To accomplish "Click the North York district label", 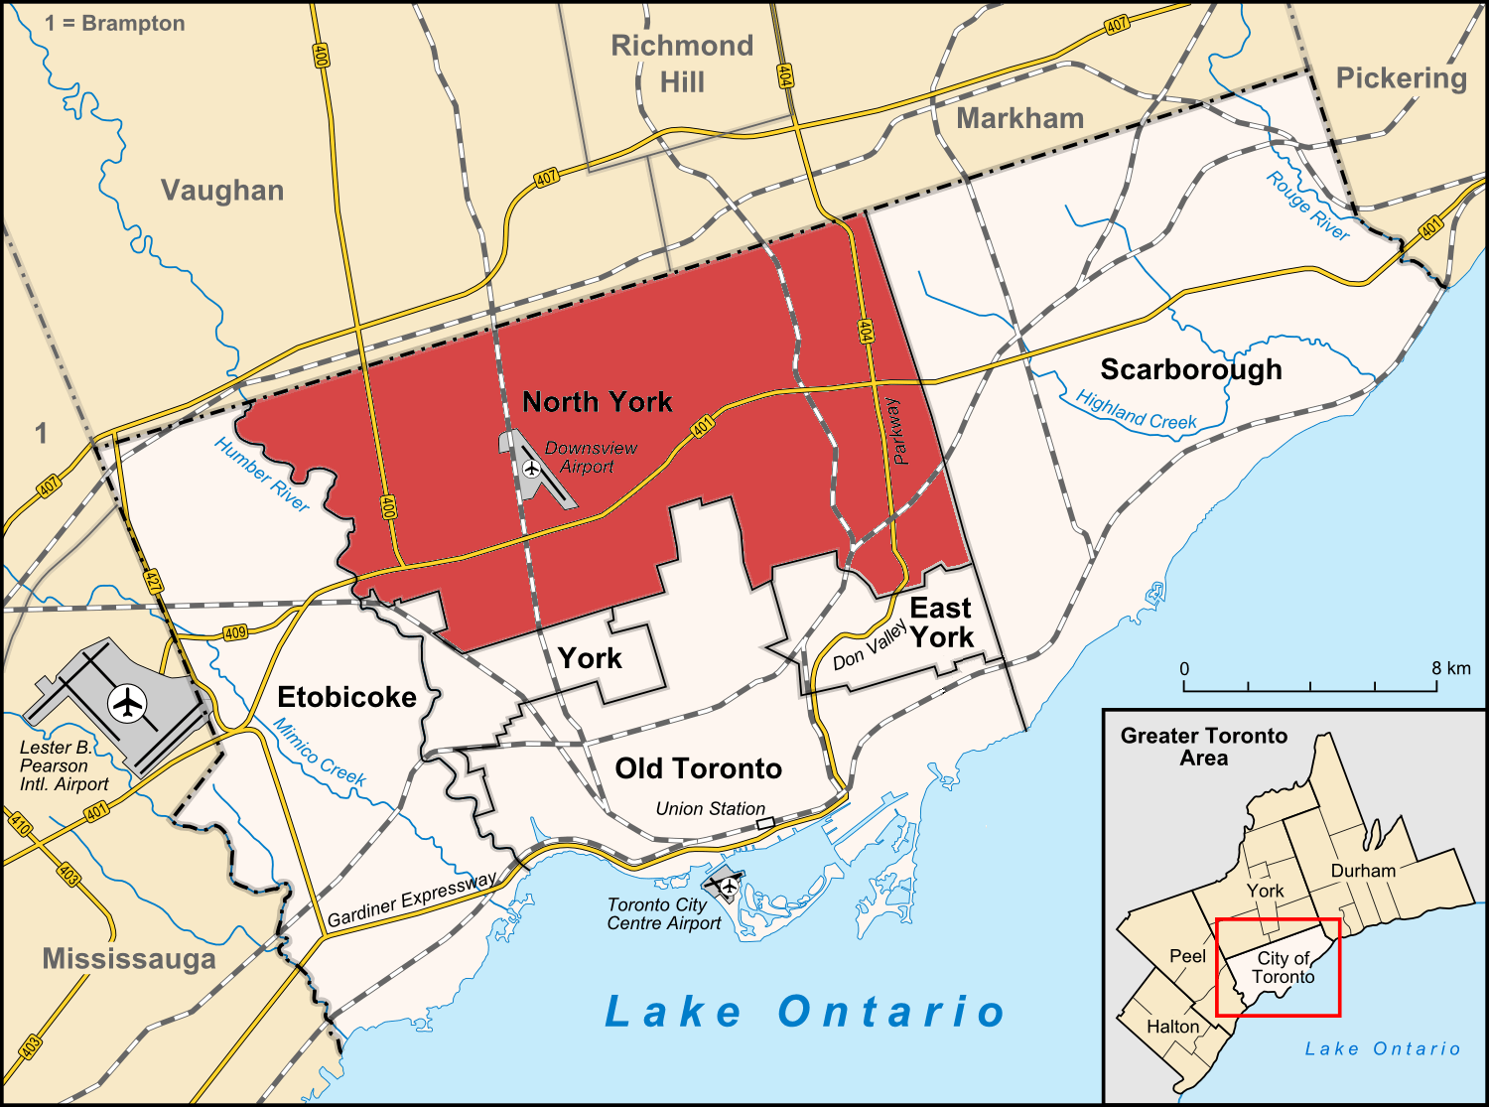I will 597,402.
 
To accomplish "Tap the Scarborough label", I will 1190,369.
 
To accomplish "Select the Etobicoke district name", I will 346,697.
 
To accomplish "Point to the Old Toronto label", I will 698,768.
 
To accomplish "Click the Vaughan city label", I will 222,191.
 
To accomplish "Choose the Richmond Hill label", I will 682,64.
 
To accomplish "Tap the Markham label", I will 1019,118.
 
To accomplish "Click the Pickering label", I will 1401,78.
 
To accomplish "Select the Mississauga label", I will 129,959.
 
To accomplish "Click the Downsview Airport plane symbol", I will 531,468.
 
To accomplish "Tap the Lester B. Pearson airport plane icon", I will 127,703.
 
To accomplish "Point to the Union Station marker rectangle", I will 765,823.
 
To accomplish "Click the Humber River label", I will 262,476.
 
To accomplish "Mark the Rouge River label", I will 1307,207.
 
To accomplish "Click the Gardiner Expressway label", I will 412,900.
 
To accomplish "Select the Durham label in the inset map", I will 1363,871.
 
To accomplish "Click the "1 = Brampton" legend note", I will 115,23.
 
